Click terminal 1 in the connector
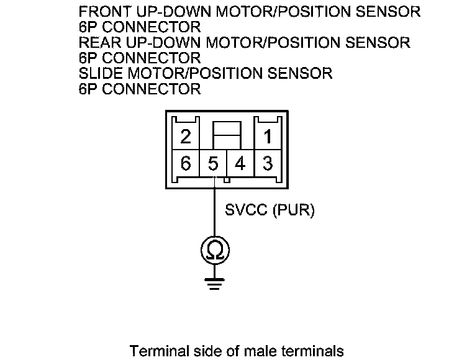click(267, 136)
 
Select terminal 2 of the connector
click(185, 136)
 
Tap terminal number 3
click(267, 164)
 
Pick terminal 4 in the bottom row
click(240, 164)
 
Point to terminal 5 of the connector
click(213, 164)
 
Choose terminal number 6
click(185, 164)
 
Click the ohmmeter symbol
click(214, 250)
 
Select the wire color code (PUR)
click(293, 210)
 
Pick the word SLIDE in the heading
click(100, 73)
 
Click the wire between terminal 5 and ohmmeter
click(214, 211)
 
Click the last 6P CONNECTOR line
click(140, 89)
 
